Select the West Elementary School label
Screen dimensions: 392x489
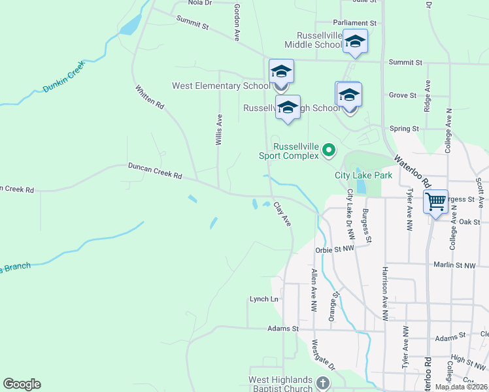[220, 86]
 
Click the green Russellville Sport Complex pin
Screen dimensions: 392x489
[329, 151]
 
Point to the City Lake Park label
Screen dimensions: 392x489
[363, 175]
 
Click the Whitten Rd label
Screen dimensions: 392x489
[150, 97]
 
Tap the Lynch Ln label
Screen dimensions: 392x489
[264, 299]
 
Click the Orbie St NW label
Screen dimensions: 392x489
[334, 249]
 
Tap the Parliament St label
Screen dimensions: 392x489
[355, 22]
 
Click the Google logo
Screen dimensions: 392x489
[22, 384]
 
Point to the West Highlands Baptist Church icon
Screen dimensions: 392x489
[322, 383]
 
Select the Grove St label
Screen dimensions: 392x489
[403, 95]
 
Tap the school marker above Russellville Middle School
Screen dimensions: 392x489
[355, 41]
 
